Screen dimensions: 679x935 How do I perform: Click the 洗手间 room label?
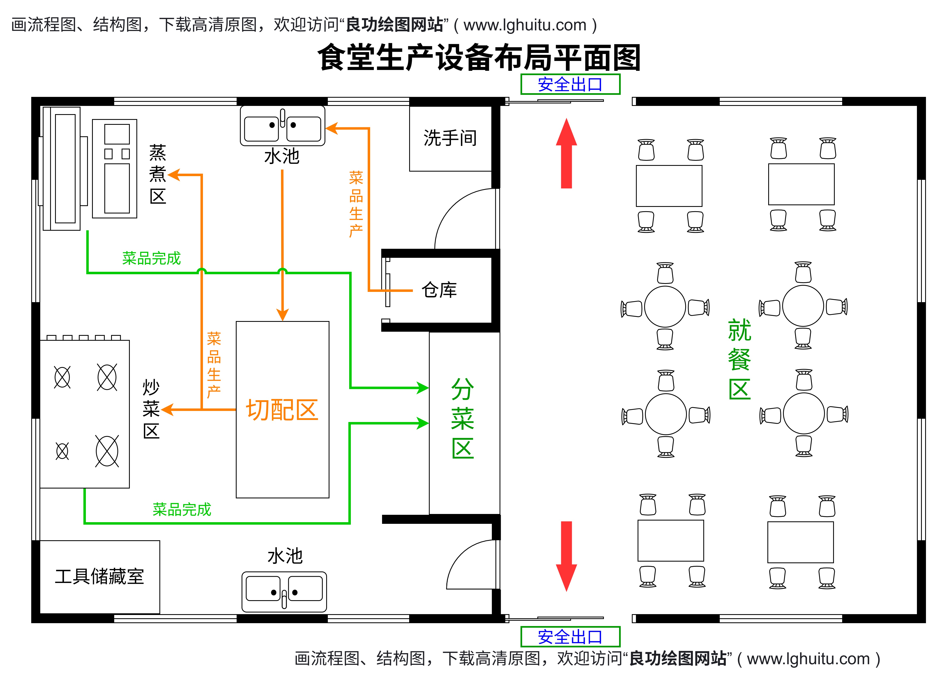[450, 138]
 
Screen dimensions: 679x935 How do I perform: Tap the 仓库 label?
[439, 290]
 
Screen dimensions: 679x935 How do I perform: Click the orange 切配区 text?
[282, 410]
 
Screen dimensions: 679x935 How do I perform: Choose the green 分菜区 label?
[463, 418]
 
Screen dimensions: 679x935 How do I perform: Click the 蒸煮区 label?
[158, 174]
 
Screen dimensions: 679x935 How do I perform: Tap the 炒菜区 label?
[151, 409]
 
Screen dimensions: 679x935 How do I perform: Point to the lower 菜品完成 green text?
[182, 510]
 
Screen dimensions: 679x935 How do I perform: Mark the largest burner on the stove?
[107, 451]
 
